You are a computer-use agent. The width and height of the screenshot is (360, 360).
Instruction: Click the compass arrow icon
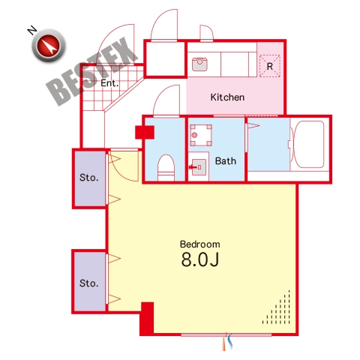coord(49,46)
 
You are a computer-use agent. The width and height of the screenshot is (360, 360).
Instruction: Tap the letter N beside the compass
coord(31,30)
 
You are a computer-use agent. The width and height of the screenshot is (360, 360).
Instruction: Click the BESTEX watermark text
coord(92,71)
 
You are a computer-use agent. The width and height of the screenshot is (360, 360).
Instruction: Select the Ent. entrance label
coord(109,83)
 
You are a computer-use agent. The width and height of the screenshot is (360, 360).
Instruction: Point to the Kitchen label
coord(227,97)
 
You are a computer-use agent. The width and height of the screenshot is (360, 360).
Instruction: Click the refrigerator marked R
coord(270,66)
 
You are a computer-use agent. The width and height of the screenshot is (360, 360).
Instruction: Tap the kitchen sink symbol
coord(199,64)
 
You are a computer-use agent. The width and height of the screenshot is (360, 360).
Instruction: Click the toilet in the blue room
coord(166,167)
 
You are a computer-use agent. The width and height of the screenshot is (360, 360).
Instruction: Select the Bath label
coord(226,161)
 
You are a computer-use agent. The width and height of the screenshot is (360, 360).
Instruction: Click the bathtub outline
coord(308,145)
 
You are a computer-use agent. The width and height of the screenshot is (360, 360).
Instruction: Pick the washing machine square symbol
coord(201,135)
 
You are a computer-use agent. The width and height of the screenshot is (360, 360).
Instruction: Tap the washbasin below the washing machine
coord(199,167)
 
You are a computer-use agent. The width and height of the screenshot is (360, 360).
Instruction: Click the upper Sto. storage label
coord(88,178)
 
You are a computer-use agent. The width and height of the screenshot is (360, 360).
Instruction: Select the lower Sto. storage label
coord(88,283)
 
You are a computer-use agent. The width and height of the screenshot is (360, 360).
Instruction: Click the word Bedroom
coord(200,244)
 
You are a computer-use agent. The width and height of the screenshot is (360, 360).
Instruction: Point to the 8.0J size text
coord(200,259)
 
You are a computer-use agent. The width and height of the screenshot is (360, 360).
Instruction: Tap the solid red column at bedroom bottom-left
coord(147,319)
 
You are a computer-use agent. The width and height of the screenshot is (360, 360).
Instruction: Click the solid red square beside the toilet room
coord(145,132)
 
